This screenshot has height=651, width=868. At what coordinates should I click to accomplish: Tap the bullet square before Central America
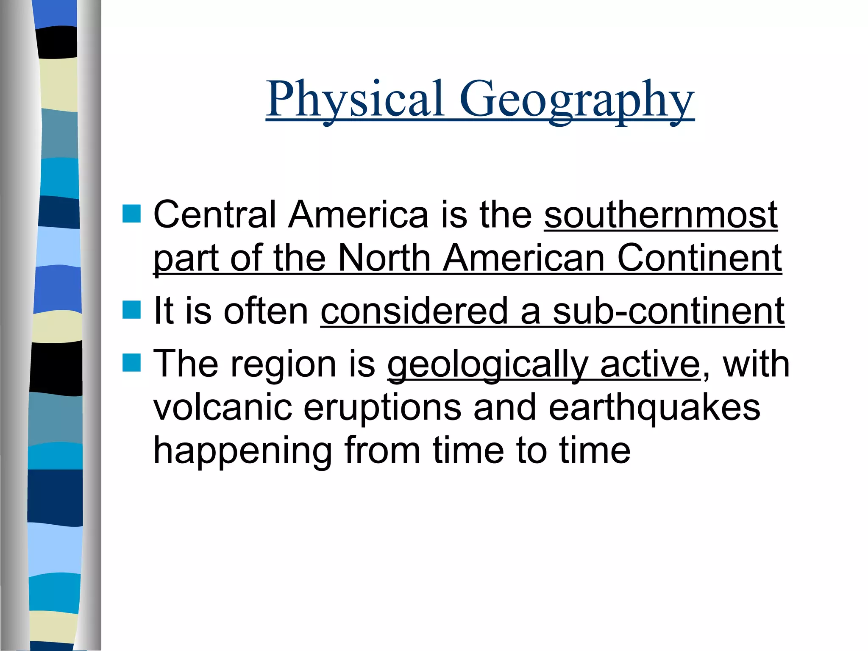(x=131, y=214)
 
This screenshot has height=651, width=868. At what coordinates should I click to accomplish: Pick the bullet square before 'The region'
(x=131, y=363)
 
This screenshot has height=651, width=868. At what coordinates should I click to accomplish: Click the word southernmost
(x=661, y=215)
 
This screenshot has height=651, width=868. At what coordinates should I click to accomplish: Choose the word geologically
(x=488, y=365)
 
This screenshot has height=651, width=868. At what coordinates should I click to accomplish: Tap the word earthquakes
(x=654, y=408)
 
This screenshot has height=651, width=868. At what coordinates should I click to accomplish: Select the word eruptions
(x=382, y=409)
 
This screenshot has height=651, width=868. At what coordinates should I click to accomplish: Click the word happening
(x=242, y=451)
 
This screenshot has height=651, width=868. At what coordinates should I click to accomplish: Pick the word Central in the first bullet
(x=214, y=215)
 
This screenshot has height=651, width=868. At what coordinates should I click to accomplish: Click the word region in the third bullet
(x=283, y=365)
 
